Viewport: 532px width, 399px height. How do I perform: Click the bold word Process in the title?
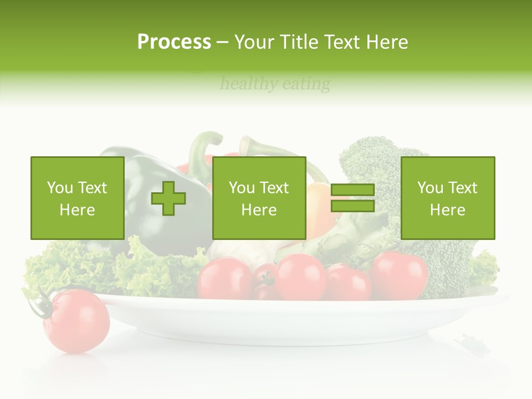pyautogui.click(x=174, y=42)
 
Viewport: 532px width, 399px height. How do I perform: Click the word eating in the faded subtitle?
pyautogui.click(x=306, y=84)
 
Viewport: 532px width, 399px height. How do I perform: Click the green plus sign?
pyautogui.click(x=168, y=198)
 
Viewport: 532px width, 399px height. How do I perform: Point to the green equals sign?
pyautogui.click(x=352, y=198)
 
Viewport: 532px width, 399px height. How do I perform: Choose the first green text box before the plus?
pyautogui.click(x=77, y=198)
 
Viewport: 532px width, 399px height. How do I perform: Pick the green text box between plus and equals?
pyautogui.click(x=259, y=198)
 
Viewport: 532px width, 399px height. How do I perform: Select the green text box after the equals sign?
pyautogui.click(x=447, y=198)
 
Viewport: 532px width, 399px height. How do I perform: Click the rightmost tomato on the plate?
pyautogui.click(x=399, y=275)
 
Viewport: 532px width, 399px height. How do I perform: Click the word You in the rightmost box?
pyautogui.click(x=430, y=188)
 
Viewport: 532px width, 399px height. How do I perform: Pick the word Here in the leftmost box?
pyautogui.click(x=77, y=210)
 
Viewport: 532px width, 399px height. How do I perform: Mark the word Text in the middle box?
pyautogui.click(x=274, y=188)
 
